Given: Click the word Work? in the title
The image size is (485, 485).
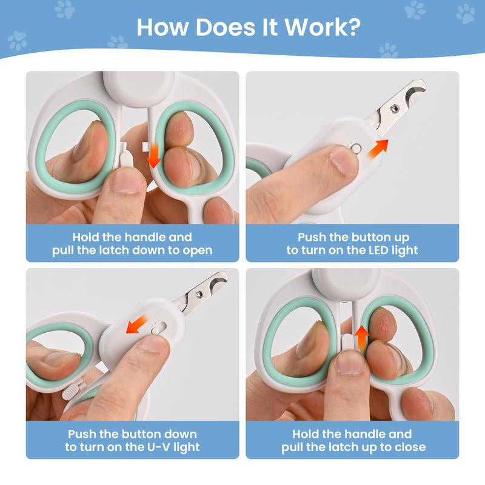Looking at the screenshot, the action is click(323, 27).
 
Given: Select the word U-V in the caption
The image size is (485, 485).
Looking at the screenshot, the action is click(158, 447).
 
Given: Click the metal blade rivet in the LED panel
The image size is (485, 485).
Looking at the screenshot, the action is click(395, 109).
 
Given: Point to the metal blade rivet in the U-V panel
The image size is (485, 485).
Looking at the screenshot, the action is click(199, 294).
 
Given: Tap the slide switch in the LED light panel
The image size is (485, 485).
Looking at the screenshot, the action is click(356, 149).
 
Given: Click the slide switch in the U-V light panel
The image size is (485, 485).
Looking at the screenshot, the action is click(159, 328).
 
